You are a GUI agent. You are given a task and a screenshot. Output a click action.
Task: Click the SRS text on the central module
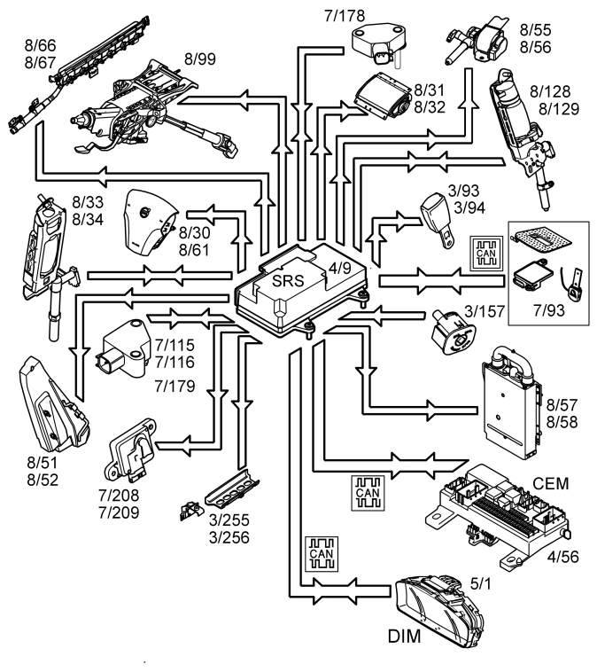tap(288, 281)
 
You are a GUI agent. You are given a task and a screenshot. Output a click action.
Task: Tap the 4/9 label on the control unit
tap(339, 269)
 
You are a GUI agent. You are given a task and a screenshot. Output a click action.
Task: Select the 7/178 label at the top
tap(345, 16)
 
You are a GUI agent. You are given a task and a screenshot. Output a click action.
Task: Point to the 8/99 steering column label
tap(200, 59)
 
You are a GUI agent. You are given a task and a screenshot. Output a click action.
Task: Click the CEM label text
tap(550, 483)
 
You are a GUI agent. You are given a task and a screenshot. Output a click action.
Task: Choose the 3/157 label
tap(485, 311)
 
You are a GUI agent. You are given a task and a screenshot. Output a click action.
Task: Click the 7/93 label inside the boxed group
tap(548, 310)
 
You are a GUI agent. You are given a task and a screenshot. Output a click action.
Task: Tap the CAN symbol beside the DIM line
tap(322, 554)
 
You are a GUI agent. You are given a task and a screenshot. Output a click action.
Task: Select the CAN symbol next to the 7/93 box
tap(486, 254)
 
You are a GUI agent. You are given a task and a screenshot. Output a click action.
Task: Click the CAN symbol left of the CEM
tap(368, 493)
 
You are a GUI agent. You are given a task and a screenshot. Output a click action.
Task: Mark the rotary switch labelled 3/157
tap(454, 332)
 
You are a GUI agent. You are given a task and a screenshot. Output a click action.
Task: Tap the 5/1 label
tap(481, 583)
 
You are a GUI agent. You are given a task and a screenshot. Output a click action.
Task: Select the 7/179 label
tap(174, 387)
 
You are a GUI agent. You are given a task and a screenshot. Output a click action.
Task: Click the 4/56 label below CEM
tap(562, 557)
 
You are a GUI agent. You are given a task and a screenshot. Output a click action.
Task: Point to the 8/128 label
tap(550, 91)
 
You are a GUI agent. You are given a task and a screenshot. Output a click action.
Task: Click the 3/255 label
tap(229, 520)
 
